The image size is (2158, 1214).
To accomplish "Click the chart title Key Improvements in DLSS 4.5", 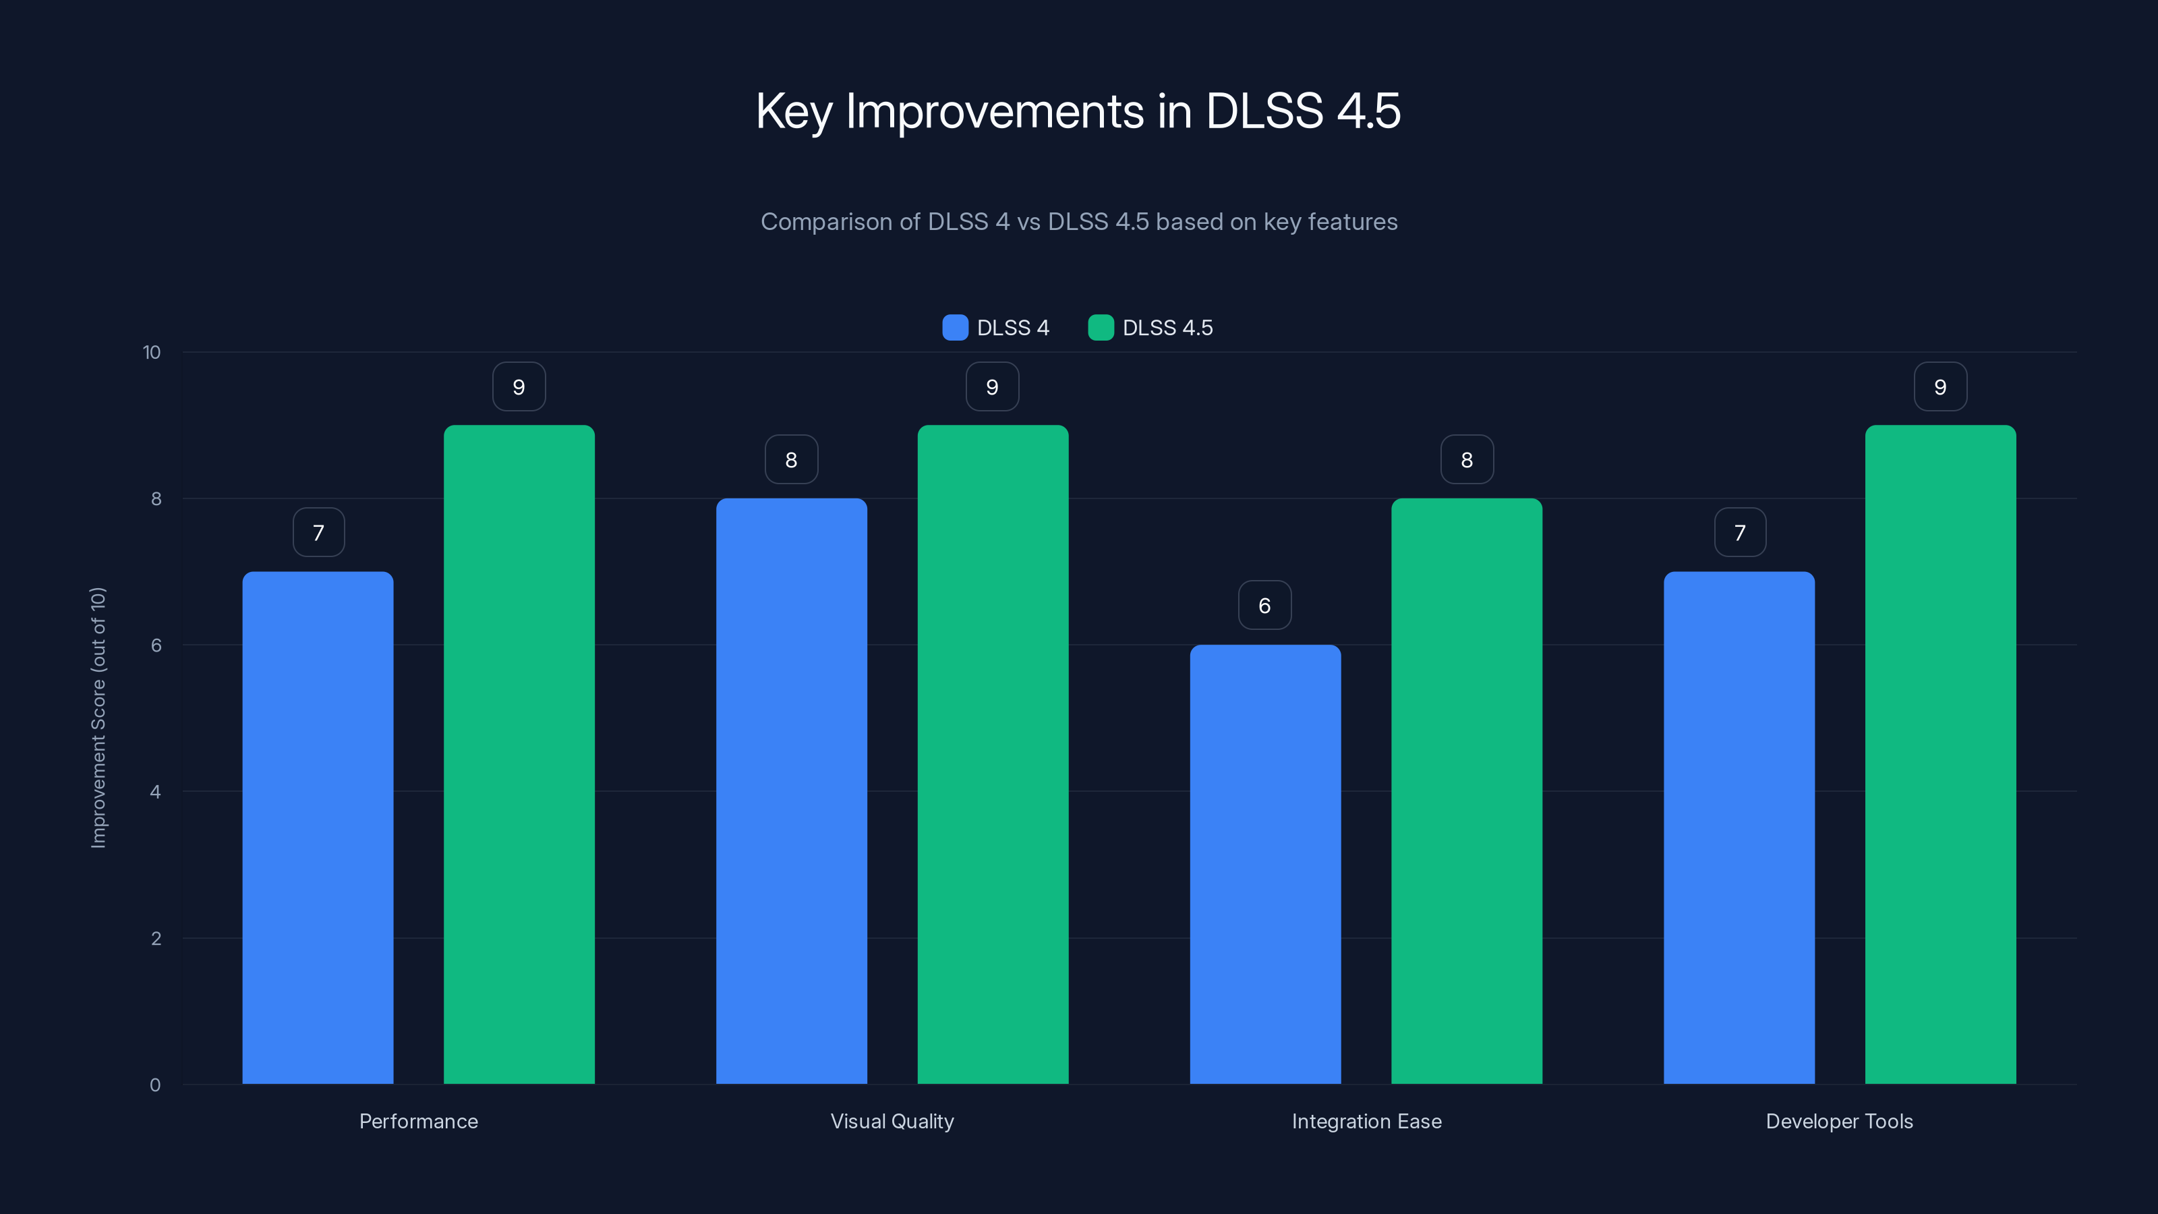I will point(1078,111).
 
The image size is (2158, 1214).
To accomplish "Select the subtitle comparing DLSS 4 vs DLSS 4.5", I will point(1078,222).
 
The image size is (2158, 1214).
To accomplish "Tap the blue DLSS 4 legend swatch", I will point(955,328).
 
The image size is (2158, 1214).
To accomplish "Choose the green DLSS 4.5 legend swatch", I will point(1101,328).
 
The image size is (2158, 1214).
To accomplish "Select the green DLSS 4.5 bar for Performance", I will point(519,754).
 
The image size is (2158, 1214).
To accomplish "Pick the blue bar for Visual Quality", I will point(791,791).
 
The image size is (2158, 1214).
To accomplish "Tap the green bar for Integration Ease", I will point(1466,791).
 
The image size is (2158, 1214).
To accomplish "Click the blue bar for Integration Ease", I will point(1265,864).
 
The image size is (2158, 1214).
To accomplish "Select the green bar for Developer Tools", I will point(1940,754).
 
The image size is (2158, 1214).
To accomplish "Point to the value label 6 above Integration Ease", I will point(1265,605).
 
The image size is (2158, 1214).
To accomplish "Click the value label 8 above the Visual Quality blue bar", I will point(791,459).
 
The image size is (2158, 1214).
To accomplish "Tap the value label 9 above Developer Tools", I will point(1940,386).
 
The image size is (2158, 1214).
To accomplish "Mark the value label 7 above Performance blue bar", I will point(318,532).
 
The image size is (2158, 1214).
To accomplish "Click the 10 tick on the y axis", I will point(152,352).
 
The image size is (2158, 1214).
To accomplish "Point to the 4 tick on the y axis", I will point(155,792).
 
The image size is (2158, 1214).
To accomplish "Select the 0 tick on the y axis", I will point(155,1085).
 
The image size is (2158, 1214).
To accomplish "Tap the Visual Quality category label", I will point(892,1121).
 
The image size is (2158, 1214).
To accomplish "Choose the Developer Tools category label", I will point(1839,1121).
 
